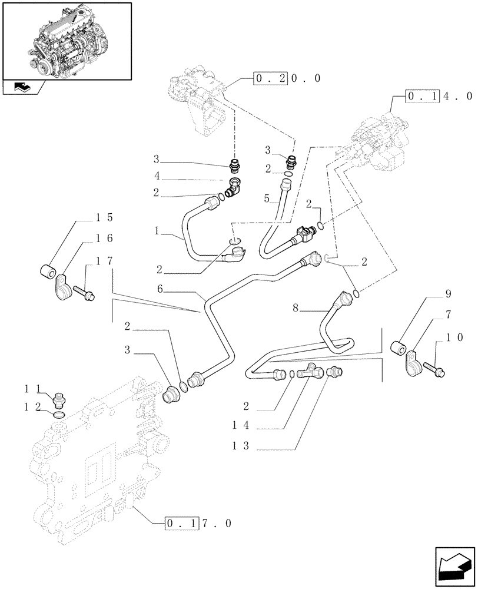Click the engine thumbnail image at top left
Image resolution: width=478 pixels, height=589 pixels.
pos(67,40)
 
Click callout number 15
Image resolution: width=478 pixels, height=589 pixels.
pos(104,217)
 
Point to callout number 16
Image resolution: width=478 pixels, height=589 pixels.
pos(104,239)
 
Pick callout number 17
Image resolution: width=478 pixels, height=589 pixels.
pos(104,260)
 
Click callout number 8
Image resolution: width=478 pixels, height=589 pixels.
pos(296,307)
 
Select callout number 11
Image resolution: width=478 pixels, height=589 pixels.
pos(31,389)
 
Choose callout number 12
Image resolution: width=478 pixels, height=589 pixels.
pos(31,406)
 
